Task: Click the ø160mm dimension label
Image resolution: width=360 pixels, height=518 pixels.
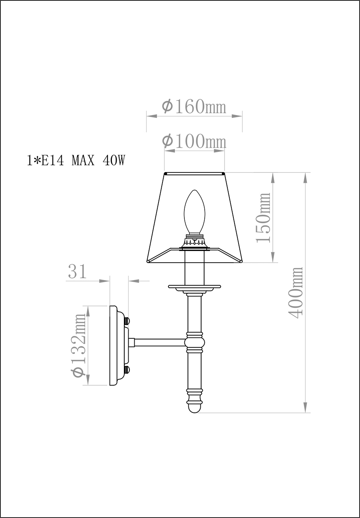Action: [x=194, y=106]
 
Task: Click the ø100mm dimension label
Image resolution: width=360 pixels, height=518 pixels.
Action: [x=194, y=141]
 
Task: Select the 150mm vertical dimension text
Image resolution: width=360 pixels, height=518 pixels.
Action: [x=262, y=218]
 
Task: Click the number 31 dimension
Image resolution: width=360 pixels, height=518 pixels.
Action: [x=77, y=272]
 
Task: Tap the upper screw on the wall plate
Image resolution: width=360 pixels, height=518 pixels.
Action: [x=127, y=321]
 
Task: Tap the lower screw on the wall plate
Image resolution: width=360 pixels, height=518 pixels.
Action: [x=127, y=370]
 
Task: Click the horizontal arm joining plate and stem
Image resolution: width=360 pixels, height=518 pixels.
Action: [x=159, y=342]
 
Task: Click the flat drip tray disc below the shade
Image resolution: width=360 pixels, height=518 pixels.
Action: [x=194, y=286]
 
